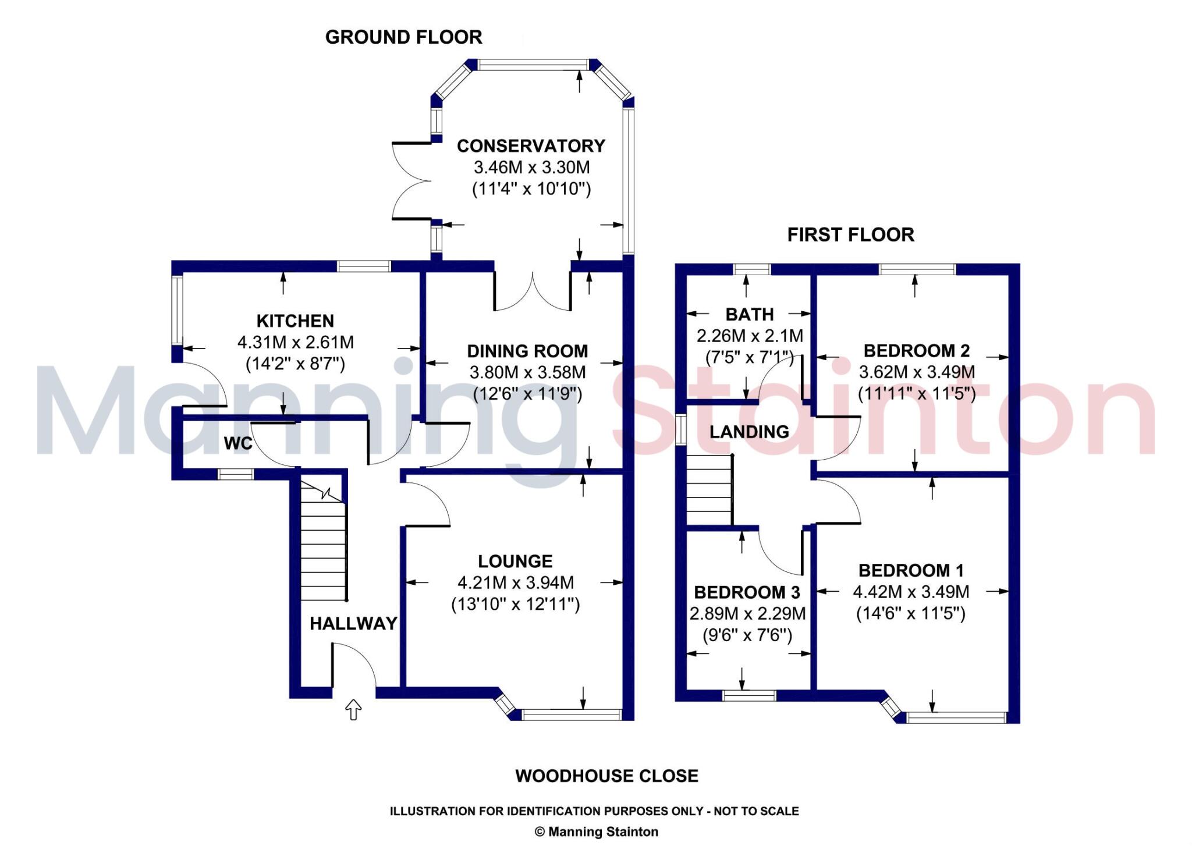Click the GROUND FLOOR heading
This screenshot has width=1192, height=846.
pos(403,37)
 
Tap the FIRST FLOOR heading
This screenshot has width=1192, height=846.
pos(850,234)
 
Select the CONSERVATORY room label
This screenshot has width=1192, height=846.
pos(531,145)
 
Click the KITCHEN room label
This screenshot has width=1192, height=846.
pos(295,321)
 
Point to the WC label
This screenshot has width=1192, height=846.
pos(238,443)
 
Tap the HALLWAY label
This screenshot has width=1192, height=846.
pos(353,624)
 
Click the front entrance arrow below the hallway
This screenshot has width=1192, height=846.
pos(353,709)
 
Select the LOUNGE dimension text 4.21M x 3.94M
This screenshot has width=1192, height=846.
pos(516,582)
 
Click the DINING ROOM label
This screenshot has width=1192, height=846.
pos(527,351)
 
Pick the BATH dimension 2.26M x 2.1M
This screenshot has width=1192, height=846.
pos(750,336)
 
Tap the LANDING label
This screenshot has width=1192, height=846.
pos(749,432)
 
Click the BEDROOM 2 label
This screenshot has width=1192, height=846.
pos(917,351)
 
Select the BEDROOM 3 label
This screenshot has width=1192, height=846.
pos(747,592)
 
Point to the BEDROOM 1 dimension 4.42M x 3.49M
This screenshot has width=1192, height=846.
pos(911,592)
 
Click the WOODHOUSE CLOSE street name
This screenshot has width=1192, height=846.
pos(606,776)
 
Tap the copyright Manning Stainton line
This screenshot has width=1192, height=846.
pos(596,831)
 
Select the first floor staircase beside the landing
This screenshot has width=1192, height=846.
pos(709,490)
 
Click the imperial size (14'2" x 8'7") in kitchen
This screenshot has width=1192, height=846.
pos(295,364)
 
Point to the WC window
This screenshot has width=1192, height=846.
pos(236,475)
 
